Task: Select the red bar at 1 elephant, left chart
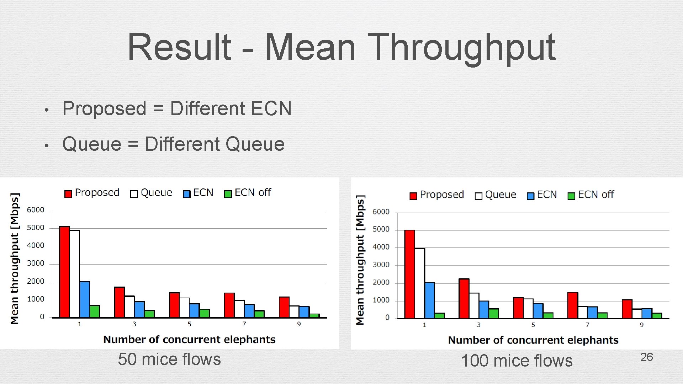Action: (64, 272)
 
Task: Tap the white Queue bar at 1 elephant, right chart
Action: (420, 283)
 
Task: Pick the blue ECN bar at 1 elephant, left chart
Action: (85, 299)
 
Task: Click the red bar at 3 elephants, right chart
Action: (464, 299)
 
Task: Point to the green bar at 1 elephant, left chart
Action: (95, 311)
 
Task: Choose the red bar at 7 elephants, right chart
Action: (573, 305)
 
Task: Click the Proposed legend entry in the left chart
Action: (92, 193)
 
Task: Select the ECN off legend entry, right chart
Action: (591, 195)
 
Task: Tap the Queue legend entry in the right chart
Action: (496, 195)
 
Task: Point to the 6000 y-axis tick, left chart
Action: (36, 210)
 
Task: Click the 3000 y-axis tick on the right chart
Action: (381, 265)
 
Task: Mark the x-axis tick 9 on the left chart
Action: (299, 324)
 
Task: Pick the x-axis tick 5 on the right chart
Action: (533, 325)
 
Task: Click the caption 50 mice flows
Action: (169, 359)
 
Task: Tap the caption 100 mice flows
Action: (517, 361)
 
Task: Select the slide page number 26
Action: (646, 357)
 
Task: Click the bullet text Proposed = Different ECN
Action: (177, 108)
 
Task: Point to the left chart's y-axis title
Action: (14, 258)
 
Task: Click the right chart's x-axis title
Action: (533, 340)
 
